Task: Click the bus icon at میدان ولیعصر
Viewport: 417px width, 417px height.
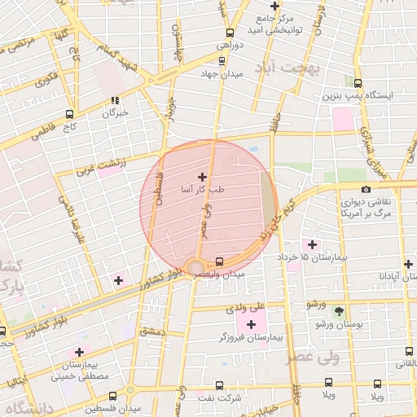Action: click(x=219, y=261)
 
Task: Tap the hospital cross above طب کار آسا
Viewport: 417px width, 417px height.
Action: click(x=203, y=176)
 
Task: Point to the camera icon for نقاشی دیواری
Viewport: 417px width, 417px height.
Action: click(x=366, y=190)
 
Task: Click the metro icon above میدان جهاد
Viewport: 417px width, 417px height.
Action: click(x=222, y=60)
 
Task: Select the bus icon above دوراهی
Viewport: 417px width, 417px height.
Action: click(x=230, y=33)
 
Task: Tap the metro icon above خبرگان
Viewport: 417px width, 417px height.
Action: click(x=115, y=101)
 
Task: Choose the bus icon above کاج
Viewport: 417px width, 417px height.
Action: click(x=69, y=115)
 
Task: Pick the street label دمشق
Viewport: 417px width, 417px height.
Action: click(x=151, y=331)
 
